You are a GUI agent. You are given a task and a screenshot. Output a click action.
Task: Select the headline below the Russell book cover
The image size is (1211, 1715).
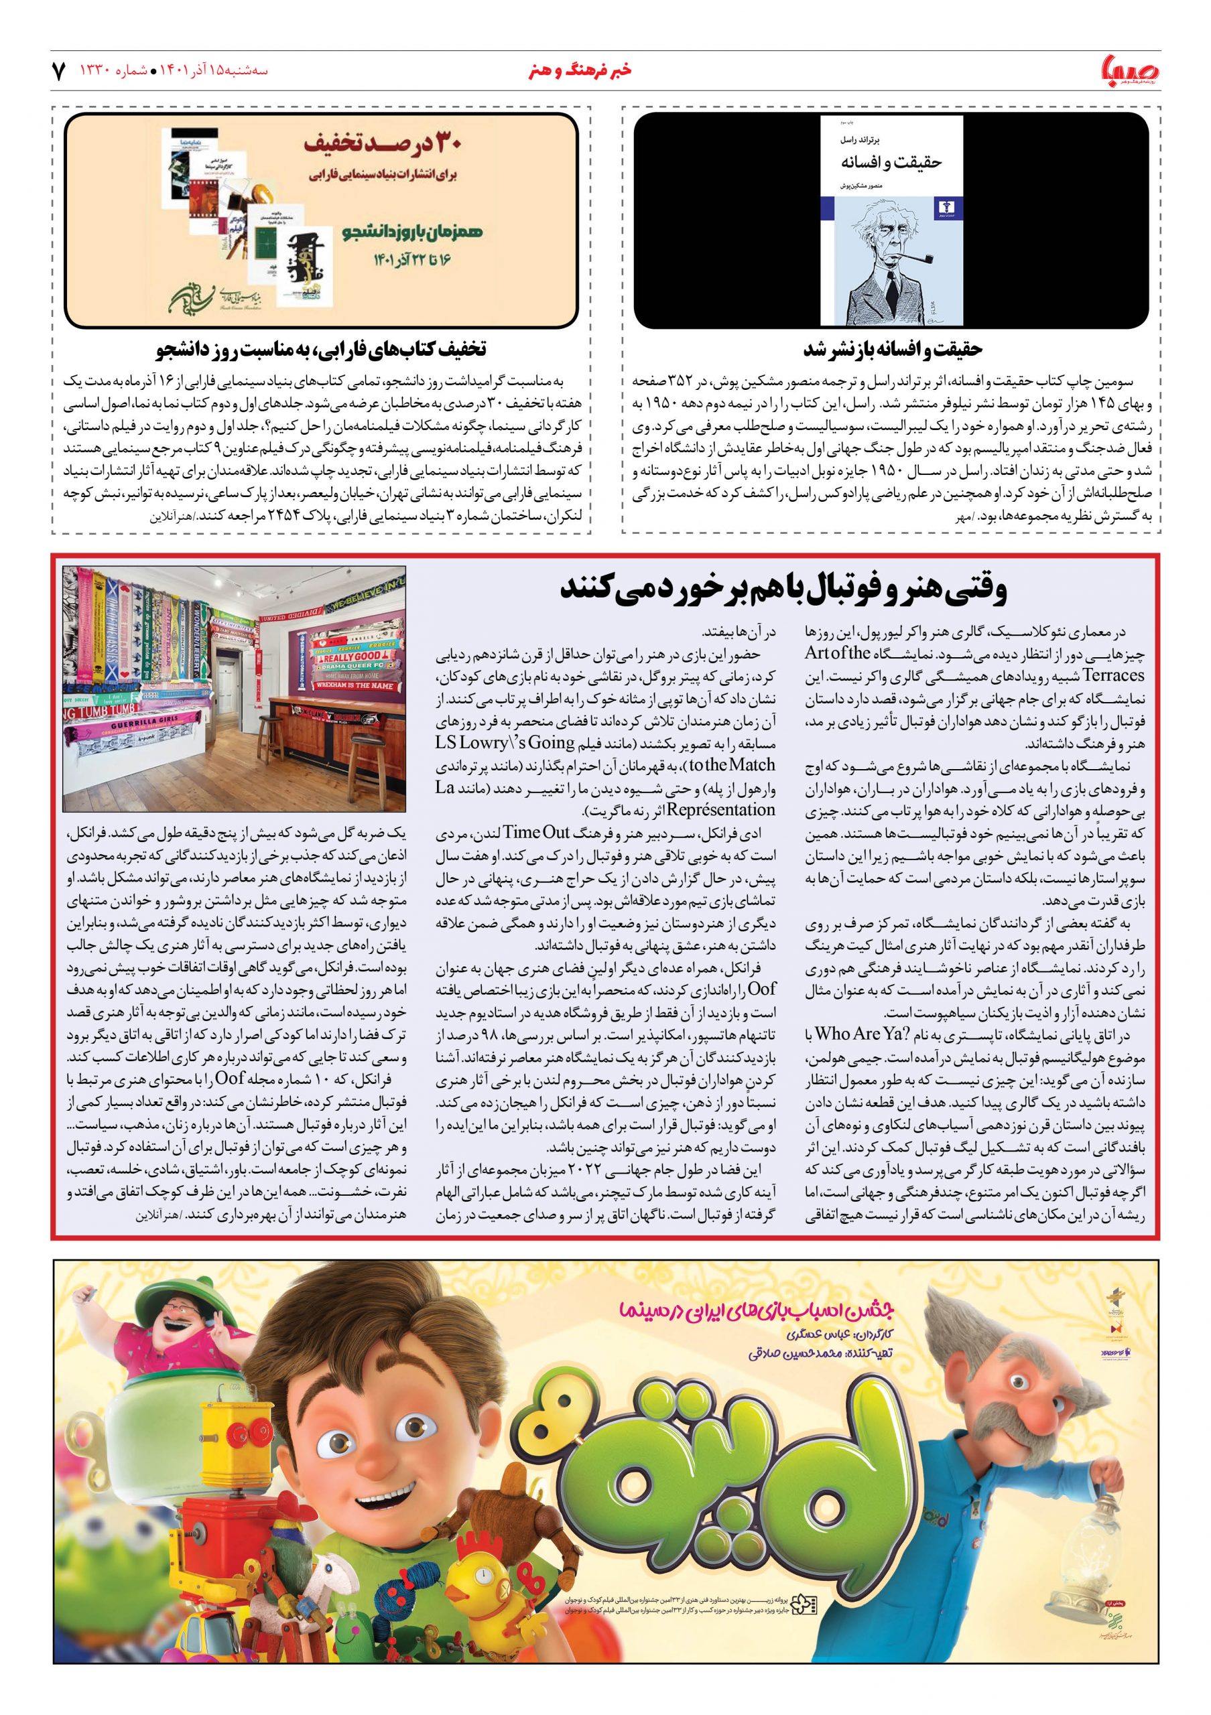click(892, 349)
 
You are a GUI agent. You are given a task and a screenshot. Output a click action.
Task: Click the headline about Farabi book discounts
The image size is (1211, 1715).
click(321, 349)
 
